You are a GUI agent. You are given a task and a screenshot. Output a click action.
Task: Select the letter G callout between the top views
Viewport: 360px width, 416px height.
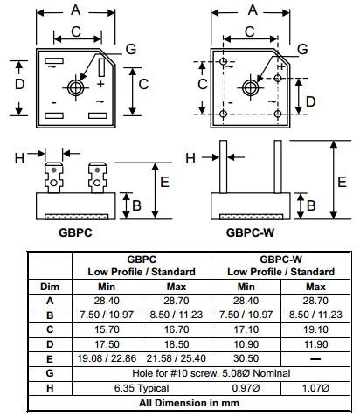click(x=131, y=49)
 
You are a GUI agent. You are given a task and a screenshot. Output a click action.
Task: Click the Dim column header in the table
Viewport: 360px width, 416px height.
click(x=49, y=286)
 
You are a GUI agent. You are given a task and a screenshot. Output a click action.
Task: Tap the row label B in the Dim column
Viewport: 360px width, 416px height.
click(x=49, y=314)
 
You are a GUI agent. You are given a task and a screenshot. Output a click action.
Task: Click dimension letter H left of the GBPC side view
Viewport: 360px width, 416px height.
click(x=19, y=157)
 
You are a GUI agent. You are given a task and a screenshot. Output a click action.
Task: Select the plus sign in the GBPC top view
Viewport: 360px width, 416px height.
click(x=100, y=84)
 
